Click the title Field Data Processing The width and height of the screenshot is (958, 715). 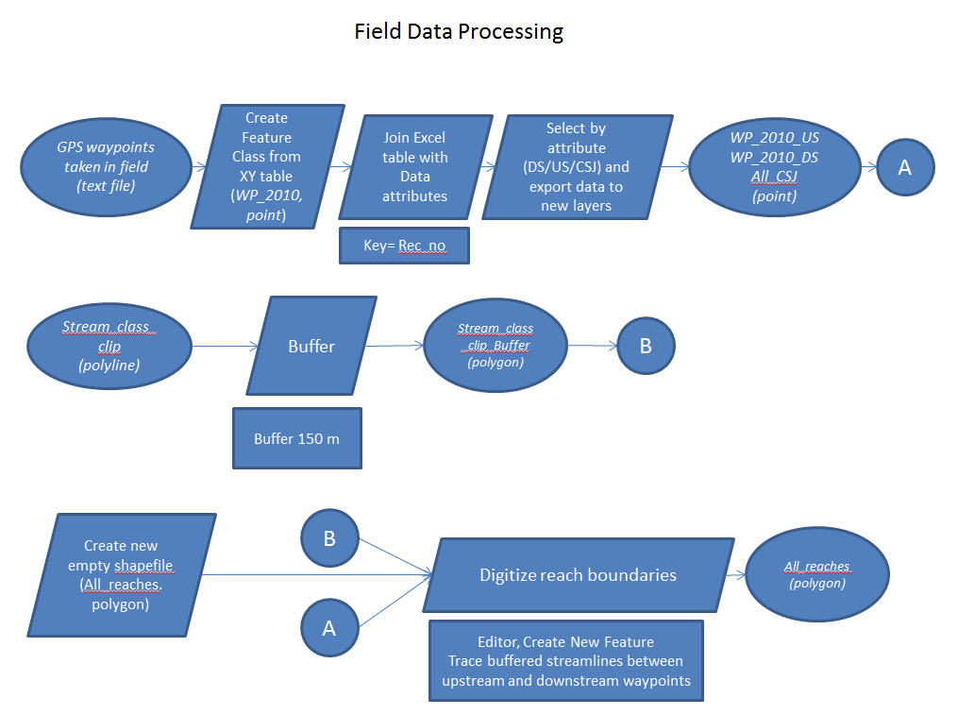pos(459,31)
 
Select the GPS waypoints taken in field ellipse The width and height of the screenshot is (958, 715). pos(105,167)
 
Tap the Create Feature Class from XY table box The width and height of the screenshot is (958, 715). pos(267,167)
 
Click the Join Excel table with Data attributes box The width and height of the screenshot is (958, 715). pos(415,167)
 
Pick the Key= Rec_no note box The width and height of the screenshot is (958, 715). pos(404,246)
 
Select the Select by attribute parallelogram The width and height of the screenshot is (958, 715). pos(576,167)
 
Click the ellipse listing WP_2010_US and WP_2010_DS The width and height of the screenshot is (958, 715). pos(774,167)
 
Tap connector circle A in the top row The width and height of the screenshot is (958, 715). pos(904,167)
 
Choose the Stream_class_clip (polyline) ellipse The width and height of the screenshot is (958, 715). pos(109,346)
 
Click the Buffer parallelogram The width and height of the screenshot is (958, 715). pos(311,346)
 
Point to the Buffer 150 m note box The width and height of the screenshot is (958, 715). pos(296,438)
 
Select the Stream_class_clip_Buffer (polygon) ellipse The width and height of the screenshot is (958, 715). pos(496,346)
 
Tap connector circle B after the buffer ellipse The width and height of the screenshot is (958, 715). pos(646,346)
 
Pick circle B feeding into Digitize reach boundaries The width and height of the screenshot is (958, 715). pos(329,538)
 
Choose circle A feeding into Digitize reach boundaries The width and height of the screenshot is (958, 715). pos(329,627)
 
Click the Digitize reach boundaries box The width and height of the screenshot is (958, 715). pos(578,574)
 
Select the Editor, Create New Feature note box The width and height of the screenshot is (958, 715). pos(565,661)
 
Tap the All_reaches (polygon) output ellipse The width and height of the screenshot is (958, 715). pos(817,574)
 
